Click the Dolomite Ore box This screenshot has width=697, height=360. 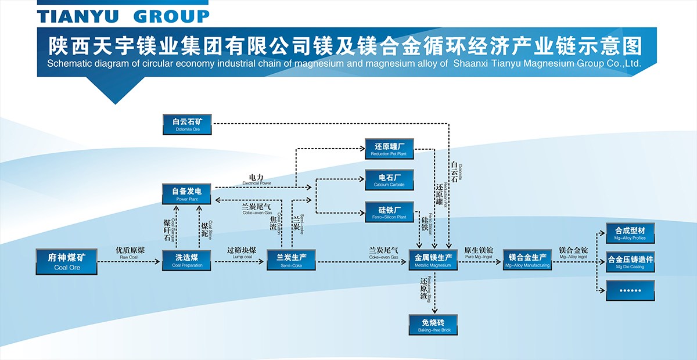coord(187,125)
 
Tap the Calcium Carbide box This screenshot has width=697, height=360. coord(389,180)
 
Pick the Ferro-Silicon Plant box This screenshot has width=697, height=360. coord(389,212)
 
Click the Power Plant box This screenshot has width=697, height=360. coord(187,194)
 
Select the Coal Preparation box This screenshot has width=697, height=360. coord(187,261)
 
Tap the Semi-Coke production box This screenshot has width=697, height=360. coord(291,261)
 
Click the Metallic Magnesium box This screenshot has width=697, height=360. coord(433,261)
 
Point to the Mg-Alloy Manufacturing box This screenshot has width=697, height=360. coord(527,261)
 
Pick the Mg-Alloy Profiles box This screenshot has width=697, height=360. coord(630,233)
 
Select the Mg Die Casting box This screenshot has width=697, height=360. coord(630,262)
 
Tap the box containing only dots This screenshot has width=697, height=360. coord(630,290)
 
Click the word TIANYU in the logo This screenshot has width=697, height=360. coord(78,16)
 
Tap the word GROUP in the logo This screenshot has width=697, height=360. coord(171,16)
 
